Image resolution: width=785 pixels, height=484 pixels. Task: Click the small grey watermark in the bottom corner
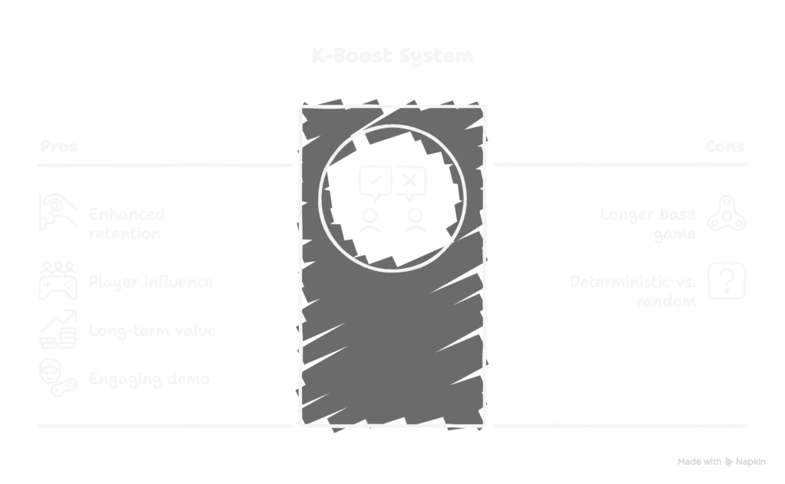(x=720, y=459)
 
